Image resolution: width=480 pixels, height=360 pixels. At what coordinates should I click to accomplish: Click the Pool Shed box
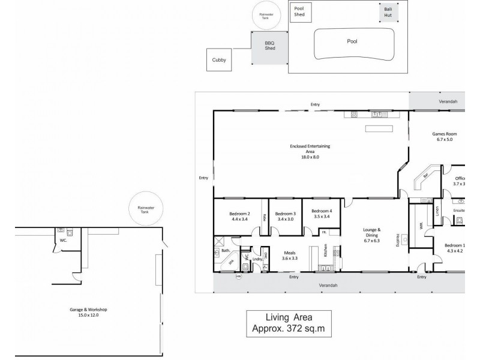point(299,13)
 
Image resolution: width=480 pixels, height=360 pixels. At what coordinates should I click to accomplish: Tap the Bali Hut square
point(388,13)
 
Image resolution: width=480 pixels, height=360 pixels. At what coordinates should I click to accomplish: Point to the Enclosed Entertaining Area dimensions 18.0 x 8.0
point(310,157)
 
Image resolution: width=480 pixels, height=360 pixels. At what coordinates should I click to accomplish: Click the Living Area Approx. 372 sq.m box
point(289,324)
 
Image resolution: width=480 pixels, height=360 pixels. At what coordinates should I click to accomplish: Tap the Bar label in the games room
point(425,175)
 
